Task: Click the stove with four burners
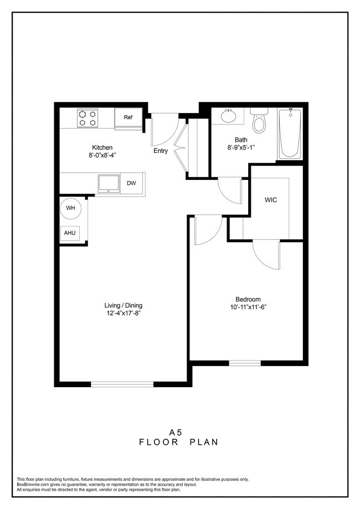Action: coord(88,118)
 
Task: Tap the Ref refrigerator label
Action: coord(128,117)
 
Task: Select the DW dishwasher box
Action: coord(131,183)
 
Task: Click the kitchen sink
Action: coord(108,182)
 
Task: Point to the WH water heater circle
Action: coord(70,208)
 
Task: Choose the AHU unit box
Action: coord(70,233)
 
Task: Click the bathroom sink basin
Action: coord(228,116)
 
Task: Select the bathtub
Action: coord(289,134)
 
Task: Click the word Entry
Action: coord(161,151)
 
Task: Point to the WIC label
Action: coord(271,199)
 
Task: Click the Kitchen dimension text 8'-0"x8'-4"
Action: coord(102,156)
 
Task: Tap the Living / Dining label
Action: coord(124,306)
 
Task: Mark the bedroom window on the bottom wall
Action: coord(245,363)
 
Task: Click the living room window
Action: coord(122,384)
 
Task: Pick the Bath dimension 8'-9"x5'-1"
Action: coord(241,148)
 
